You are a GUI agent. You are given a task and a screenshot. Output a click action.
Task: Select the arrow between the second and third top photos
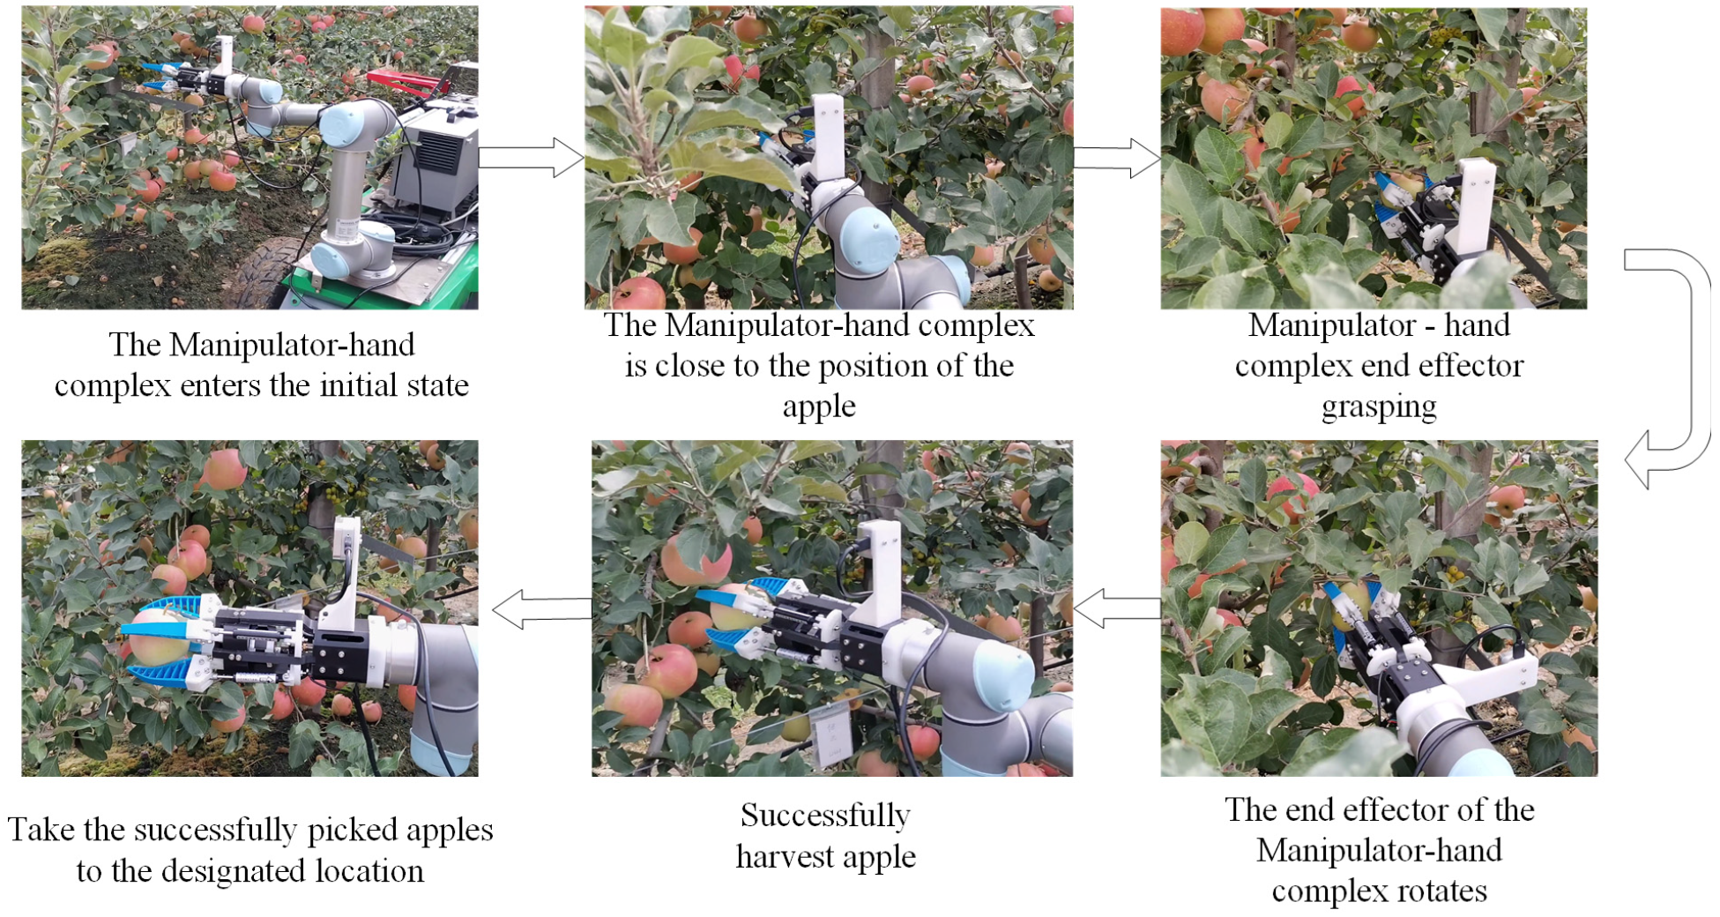coord(1116,158)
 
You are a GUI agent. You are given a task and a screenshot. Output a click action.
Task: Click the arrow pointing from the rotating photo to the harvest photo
coord(1116,608)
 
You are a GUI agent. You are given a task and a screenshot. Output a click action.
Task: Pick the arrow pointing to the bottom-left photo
coord(541,609)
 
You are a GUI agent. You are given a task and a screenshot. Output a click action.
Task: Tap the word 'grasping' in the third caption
coord(1379,407)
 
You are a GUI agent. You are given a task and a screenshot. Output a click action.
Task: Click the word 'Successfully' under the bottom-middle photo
coord(825,816)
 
